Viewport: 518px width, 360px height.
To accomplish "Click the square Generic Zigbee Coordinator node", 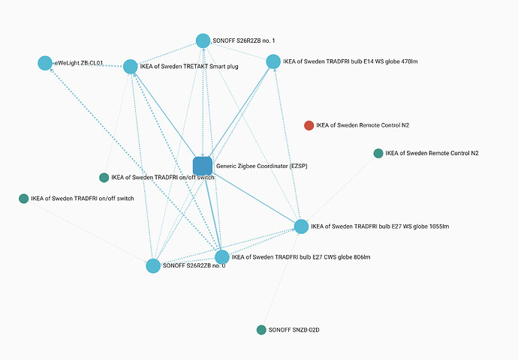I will point(203,166).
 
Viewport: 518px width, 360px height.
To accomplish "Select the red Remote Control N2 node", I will point(309,125).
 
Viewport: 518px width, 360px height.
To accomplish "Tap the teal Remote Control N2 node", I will point(378,154).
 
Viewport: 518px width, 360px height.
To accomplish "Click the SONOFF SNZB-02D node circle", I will point(261,330).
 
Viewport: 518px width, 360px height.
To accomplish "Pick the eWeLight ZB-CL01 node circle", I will point(45,63).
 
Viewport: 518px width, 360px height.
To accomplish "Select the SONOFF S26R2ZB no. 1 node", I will point(203,40).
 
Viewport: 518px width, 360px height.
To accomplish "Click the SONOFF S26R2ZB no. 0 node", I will point(153,265).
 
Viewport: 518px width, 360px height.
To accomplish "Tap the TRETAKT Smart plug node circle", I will point(130,67).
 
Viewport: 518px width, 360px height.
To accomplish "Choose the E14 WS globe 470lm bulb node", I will point(273,61).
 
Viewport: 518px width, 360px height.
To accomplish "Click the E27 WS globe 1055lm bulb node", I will point(301,226).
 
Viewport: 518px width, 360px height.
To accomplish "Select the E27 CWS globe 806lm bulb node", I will point(222,257).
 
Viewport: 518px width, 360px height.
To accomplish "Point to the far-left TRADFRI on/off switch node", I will point(23,199).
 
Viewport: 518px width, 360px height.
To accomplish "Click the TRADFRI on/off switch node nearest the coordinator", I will point(104,178).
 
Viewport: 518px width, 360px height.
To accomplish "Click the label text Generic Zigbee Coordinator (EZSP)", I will point(261,166).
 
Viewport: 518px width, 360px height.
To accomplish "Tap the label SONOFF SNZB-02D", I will point(300,330).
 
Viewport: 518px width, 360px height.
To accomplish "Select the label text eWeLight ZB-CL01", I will point(78,63).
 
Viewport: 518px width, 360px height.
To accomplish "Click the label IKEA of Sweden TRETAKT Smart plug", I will point(189,67).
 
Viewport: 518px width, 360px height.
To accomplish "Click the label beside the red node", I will point(363,125).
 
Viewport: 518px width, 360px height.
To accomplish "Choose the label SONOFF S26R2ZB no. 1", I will point(244,40).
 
